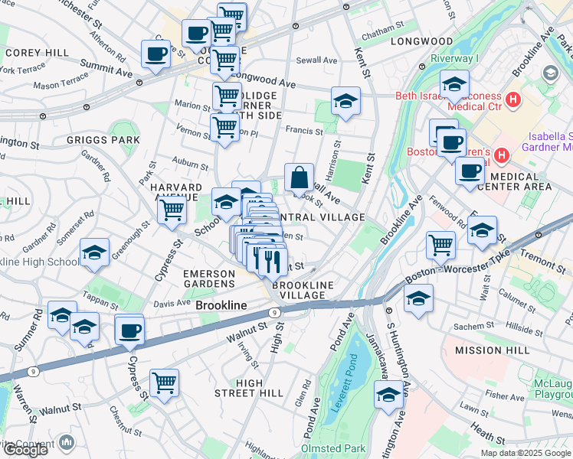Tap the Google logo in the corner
click(x=25, y=450)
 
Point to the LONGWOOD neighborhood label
click(x=421, y=41)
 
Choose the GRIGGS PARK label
click(x=103, y=140)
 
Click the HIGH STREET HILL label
click(x=250, y=388)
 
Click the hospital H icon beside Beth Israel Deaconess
click(x=513, y=99)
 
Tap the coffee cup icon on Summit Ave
click(x=156, y=54)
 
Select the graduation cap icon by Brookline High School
click(x=94, y=252)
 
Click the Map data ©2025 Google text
click(x=525, y=452)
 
